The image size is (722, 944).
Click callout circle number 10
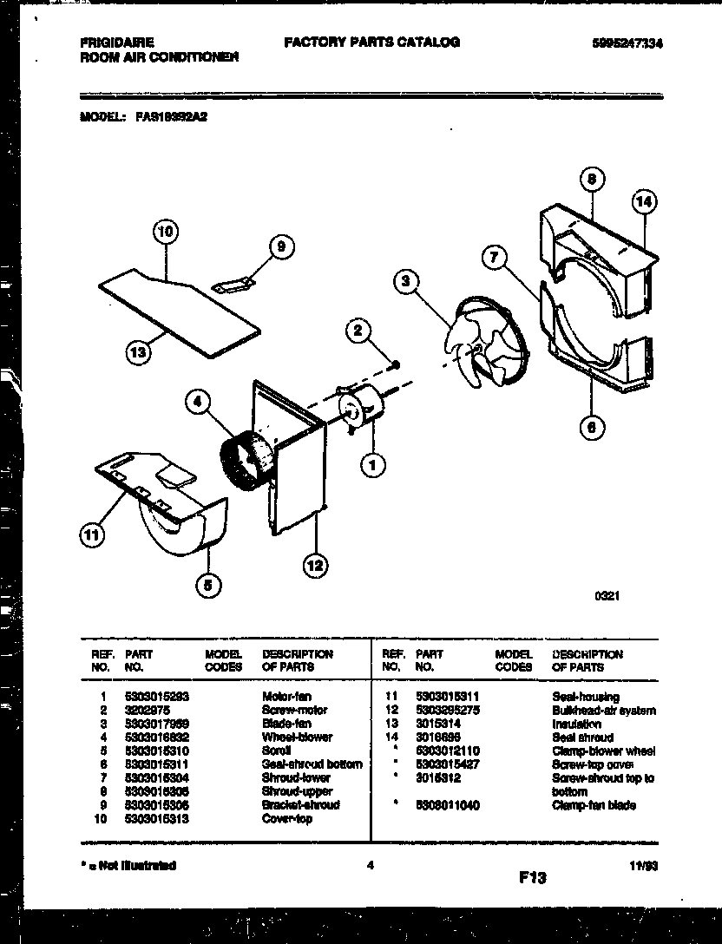tap(165, 232)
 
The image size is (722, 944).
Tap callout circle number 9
tap(279, 248)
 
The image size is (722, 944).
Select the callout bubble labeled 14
tap(643, 202)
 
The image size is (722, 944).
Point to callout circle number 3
tap(405, 280)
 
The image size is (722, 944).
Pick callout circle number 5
tap(207, 586)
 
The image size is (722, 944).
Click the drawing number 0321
tap(607, 596)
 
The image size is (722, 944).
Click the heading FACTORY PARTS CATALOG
tap(371, 42)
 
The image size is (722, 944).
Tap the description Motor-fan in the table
tap(286, 697)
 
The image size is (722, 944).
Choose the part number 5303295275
tap(449, 711)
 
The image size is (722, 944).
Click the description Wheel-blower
tap(297, 737)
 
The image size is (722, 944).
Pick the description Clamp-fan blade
tap(594, 805)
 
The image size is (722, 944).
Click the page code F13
tap(533, 878)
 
